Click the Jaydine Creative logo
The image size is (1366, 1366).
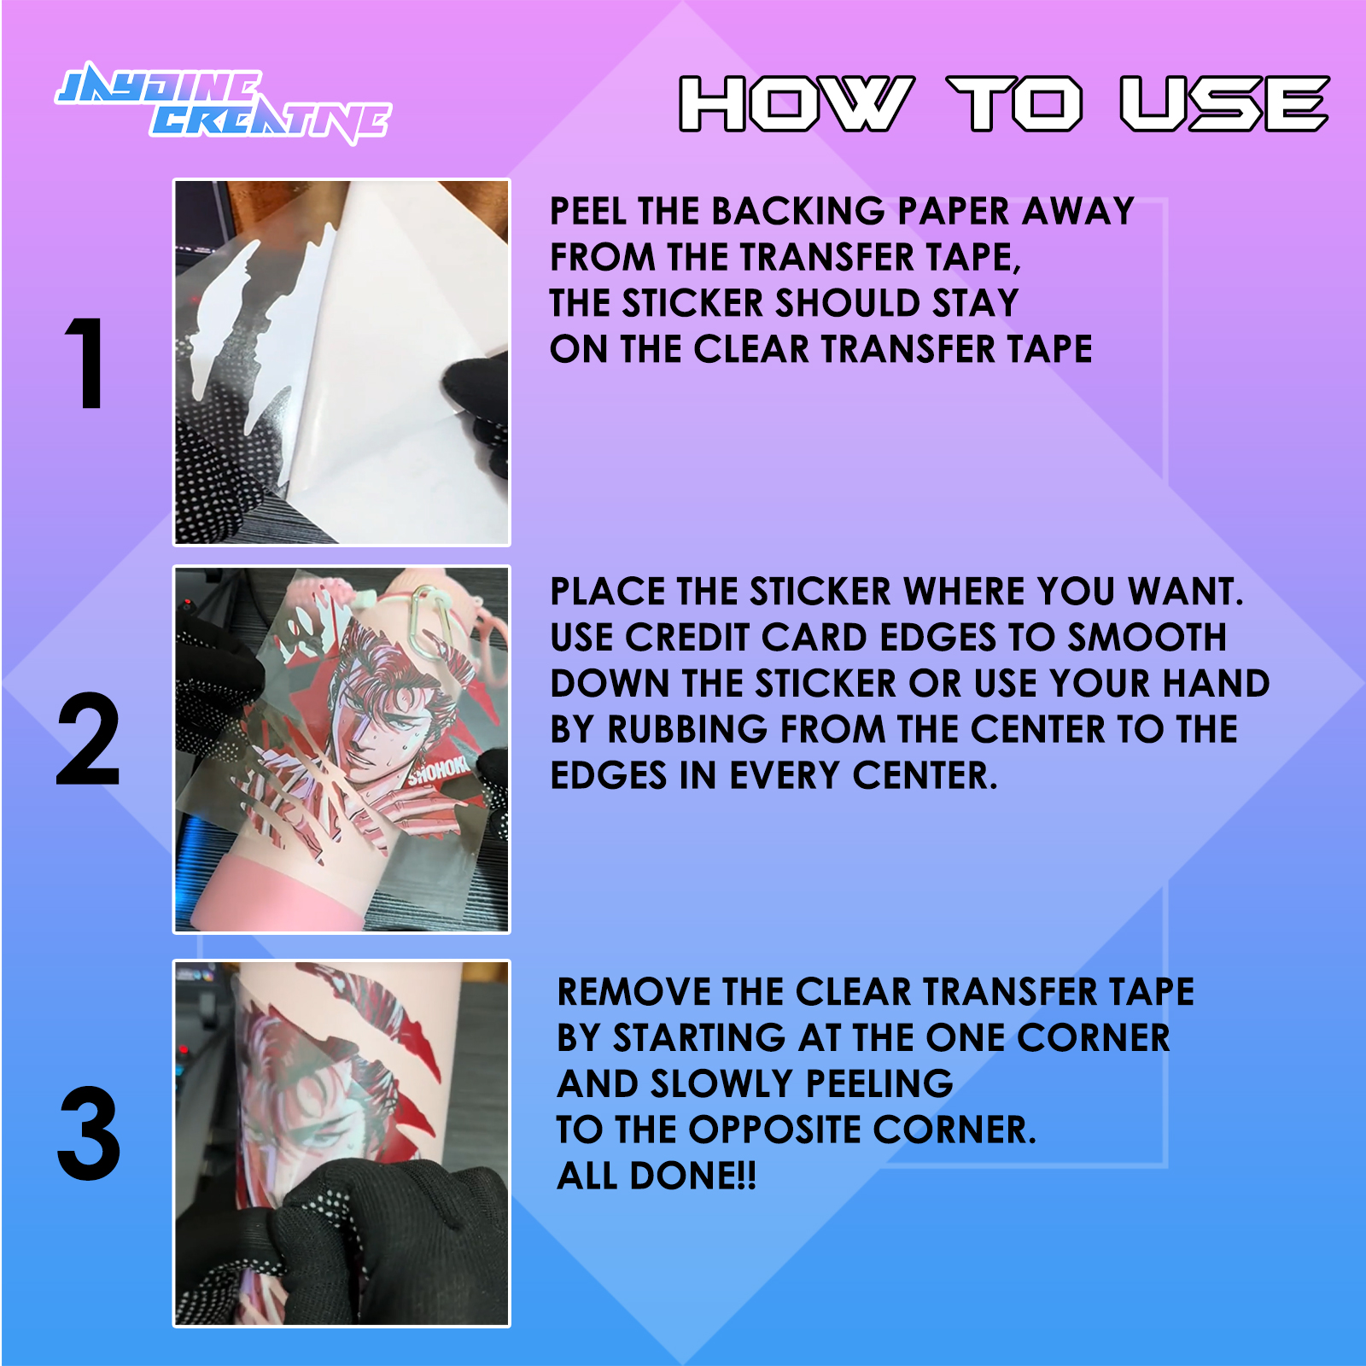(224, 103)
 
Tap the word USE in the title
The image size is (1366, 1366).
(1224, 104)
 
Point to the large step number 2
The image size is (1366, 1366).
(88, 739)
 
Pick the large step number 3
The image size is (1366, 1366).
(89, 1134)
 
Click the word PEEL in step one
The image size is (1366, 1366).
(588, 211)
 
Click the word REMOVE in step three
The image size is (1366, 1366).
(633, 992)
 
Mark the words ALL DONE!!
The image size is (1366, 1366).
(657, 1176)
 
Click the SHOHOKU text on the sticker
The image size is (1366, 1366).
(439, 771)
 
